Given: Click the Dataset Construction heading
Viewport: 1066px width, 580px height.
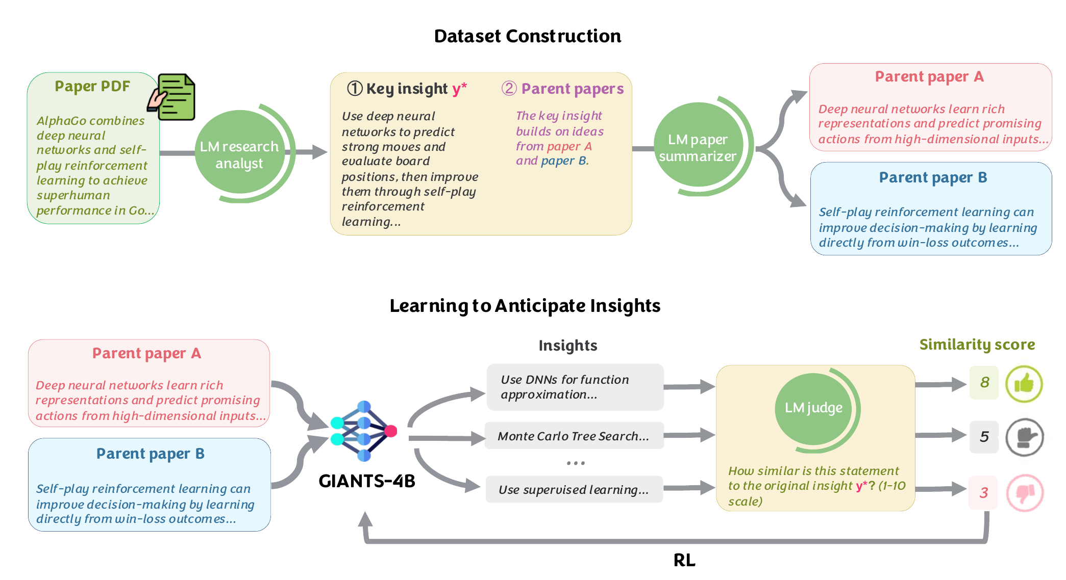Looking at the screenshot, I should [x=528, y=36].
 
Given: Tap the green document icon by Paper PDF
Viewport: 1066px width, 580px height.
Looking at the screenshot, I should [x=174, y=97].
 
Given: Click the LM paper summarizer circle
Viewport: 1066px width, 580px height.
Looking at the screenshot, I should [x=698, y=147].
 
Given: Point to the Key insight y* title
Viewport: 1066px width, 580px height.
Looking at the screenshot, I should [x=407, y=89].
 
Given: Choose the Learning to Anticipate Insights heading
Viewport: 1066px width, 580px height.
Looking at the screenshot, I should [x=525, y=306].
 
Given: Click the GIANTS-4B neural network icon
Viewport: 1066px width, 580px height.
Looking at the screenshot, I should [x=363, y=431].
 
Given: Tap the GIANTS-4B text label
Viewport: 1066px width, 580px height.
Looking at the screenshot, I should [x=366, y=481].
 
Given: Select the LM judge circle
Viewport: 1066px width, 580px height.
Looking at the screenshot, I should [x=813, y=408].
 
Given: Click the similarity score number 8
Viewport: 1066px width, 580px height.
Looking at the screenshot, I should [x=984, y=382].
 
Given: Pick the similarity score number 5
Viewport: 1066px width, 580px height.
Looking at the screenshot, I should [x=984, y=437].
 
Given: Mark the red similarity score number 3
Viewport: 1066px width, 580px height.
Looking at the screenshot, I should [x=983, y=493].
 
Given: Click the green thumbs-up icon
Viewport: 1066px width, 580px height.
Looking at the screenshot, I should [x=1024, y=384].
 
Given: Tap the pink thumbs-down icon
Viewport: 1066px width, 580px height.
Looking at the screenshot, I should [x=1024, y=493].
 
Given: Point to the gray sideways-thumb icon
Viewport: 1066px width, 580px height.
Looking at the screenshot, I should [x=1024, y=437].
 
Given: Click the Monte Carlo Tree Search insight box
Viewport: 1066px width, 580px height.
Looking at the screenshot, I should [x=574, y=436].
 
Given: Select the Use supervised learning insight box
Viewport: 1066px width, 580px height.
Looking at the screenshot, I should [x=574, y=490].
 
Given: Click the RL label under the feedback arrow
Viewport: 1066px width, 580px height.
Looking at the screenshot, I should [x=684, y=561].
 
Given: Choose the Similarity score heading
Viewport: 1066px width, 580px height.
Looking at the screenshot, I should [x=977, y=345].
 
